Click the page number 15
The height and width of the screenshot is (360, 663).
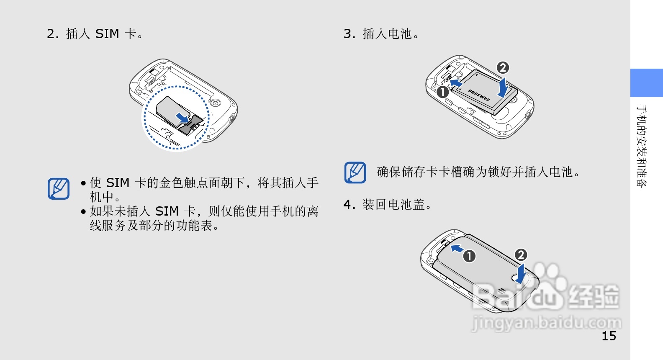pyautogui.click(x=609, y=336)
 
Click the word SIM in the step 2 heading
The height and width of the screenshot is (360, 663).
pyautogui.click(x=107, y=33)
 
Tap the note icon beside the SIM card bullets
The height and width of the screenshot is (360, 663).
pyautogui.click(x=59, y=189)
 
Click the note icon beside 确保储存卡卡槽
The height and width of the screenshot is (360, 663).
pyautogui.click(x=355, y=172)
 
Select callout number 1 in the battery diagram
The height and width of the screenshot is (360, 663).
pyautogui.click(x=442, y=92)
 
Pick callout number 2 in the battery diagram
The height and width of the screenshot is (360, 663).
pyautogui.click(x=503, y=67)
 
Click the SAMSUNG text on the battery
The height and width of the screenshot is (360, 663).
pyautogui.click(x=479, y=95)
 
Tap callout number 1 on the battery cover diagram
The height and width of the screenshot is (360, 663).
pyautogui.click(x=469, y=256)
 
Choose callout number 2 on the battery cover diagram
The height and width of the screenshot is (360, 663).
pyautogui.click(x=521, y=255)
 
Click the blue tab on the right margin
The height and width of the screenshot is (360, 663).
pyautogui.click(x=646, y=83)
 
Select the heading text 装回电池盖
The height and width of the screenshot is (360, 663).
pyautogui.click(x=393, y=205)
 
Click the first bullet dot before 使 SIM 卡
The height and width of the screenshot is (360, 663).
pyautogui.click(x=83, y=183)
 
